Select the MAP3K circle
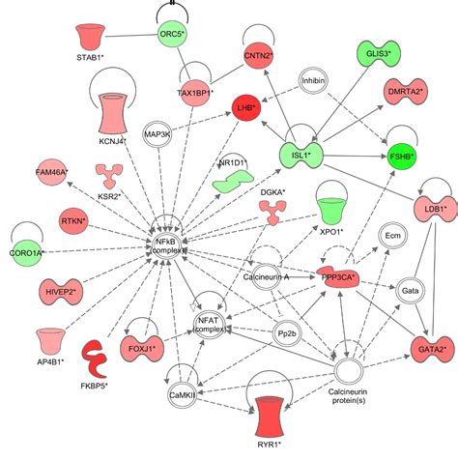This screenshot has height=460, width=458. point(157,135)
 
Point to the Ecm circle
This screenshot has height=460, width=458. point(392,236)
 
